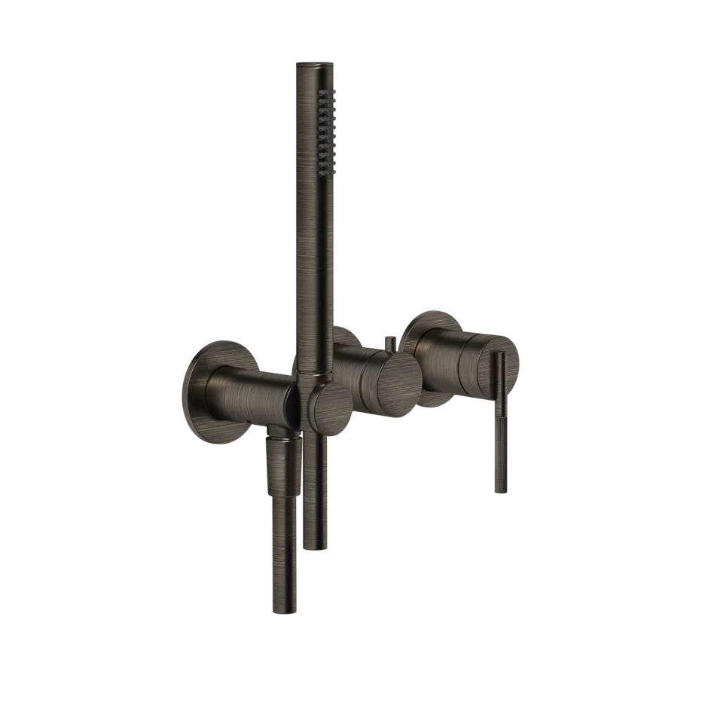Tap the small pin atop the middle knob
[390, 346]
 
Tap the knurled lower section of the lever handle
[500, 459]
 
